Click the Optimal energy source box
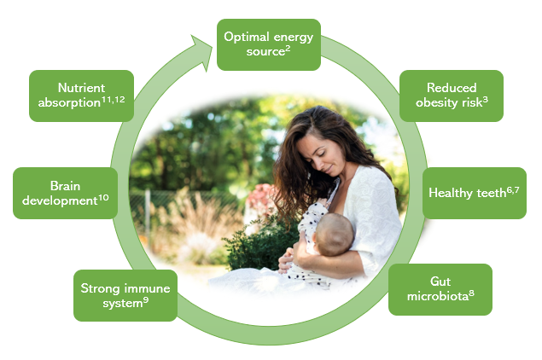tap(269, 44)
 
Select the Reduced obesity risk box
tap(451, 96)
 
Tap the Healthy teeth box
tap(475, 193)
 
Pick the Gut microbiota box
tap(440, 289)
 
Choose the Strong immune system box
tap(125, 295)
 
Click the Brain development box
tap(66, 193)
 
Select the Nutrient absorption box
tap(81, 96)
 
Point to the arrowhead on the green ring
tap(203, 52)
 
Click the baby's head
tap(334, 235)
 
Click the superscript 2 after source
tap(288, 48)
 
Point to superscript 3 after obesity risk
tap(486, 100)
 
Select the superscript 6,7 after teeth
tap(513, 189)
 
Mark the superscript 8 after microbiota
tap(471, 293)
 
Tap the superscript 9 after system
tap(146, 300)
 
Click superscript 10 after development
tap(103, 198)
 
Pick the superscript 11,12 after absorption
tap(113, 100)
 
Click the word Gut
tap(440, 282)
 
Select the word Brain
tap(66, 186)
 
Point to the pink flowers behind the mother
tap(260, 199)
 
